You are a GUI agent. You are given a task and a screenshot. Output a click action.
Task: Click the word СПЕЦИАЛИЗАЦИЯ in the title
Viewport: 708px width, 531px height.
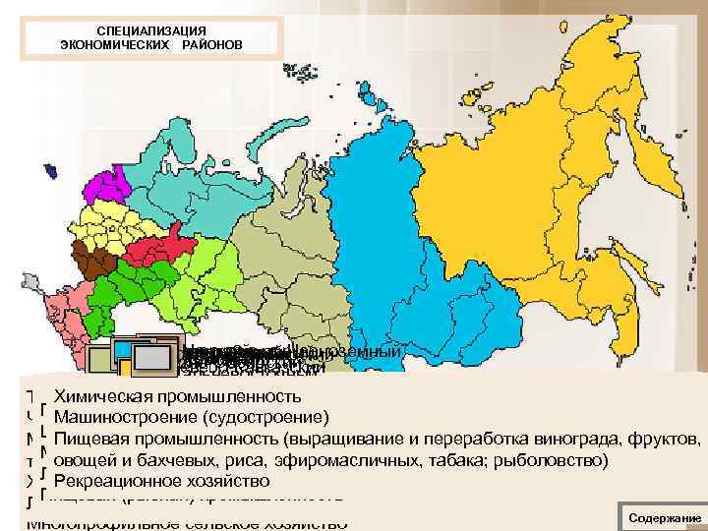pyautogui.click(x=151, y=31)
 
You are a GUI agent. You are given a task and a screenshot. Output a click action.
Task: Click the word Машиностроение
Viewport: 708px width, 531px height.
pyautogui.click(x=118, y=417)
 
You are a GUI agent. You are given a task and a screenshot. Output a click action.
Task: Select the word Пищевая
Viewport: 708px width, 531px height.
pyautogui.click(x=88, y=438)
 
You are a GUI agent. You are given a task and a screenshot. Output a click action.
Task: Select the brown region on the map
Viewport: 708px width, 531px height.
pyautogui.click(x=99, y=263)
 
